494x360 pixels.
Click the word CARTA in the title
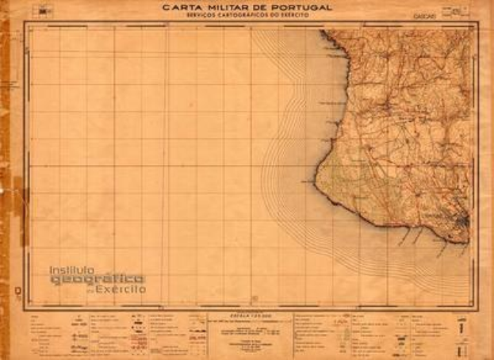[x=182, y=8]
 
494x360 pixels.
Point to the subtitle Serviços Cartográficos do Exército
[x=247, y=15]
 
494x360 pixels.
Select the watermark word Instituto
[x=73, y=270]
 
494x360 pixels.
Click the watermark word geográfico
[x=97, y=279]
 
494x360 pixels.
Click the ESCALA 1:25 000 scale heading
[x=247, y=315]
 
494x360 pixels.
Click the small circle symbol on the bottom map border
[x=254, y=298]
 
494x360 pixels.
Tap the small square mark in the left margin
[x=17, y=292]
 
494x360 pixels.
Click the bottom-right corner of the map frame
[x=477, y=308]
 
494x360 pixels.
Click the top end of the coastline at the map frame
[x=321, y=31]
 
